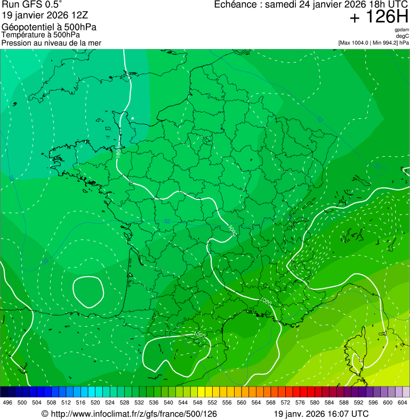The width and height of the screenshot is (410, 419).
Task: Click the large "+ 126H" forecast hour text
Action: (x=379, y=17)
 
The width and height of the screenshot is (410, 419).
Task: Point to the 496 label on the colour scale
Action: (x=7, y=403)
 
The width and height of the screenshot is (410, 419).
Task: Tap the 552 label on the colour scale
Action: (x=212, y=403)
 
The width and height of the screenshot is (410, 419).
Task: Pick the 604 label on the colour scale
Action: (x=402, y=403)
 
